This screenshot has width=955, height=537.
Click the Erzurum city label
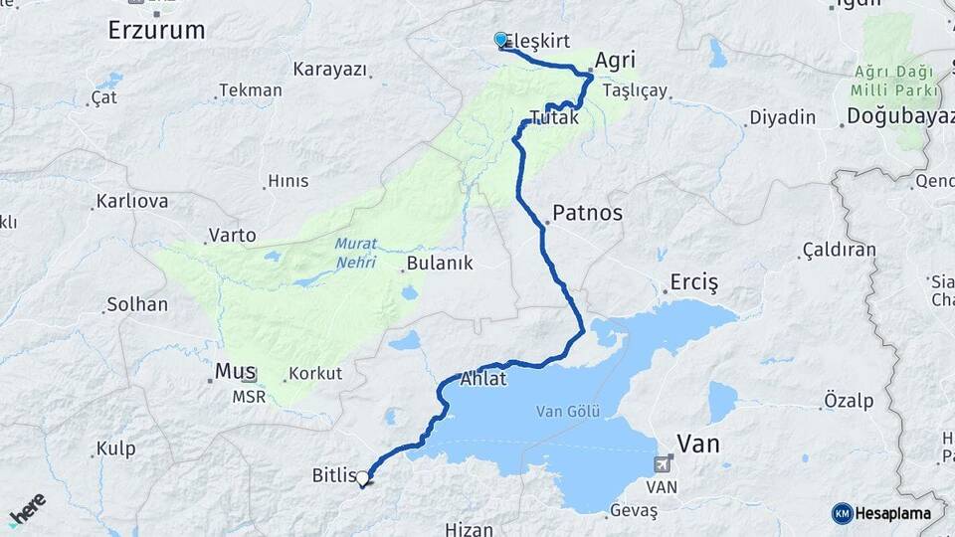tap(156, 30)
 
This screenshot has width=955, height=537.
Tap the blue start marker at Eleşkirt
tap(500, 40)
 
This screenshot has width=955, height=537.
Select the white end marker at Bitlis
tap(363, 479)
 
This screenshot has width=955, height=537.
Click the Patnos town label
tap(587, 213)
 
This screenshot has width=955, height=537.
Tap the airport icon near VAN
tap(664, 464)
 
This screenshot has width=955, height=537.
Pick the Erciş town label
tap(693, 281)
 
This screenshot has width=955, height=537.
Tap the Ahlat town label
tap(483, 379)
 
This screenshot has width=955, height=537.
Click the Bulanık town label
tap(439, 265)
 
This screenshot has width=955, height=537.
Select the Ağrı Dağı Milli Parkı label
tap(895, 82)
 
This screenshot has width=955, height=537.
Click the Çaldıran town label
tap(841, 249)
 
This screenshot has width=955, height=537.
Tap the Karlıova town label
tap(131, 202)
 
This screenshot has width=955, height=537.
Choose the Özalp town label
tap(849, 400)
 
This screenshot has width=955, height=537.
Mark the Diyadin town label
tap(782, 116)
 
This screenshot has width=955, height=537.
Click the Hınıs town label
tap(287, 181)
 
